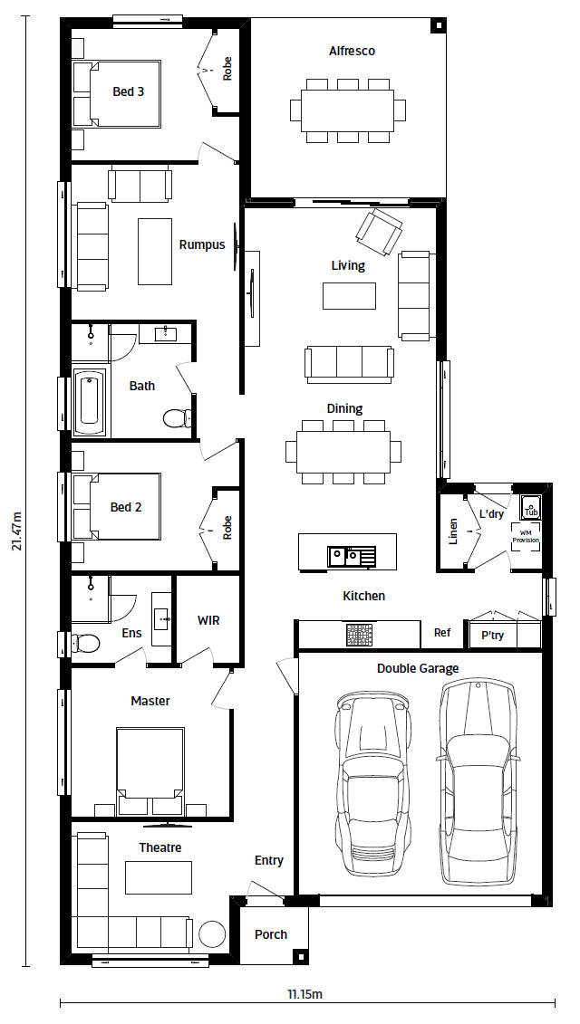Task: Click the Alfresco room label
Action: click(352, 51)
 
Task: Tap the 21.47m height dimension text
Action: click(16, 531)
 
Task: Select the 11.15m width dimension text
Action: click(305, 995)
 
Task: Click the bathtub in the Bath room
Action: click(89, 403)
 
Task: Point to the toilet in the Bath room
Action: click(177, 417)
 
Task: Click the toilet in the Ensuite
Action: click(85, 643)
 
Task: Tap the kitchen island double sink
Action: click(352, 557)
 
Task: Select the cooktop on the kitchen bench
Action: click(359, 635)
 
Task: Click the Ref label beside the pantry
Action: click(442, 632)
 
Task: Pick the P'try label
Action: click(492, 635)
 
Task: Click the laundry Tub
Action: click(530, 508)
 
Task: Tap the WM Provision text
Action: click(526, 536)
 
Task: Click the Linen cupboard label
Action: click(453, 531)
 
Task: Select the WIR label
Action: click(208, 620)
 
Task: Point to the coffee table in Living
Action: click(349, 296)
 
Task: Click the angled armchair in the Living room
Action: click(379, 233)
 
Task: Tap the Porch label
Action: click(271, 934)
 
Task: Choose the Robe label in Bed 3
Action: click(227, 69)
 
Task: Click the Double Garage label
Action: click(418, 668)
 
